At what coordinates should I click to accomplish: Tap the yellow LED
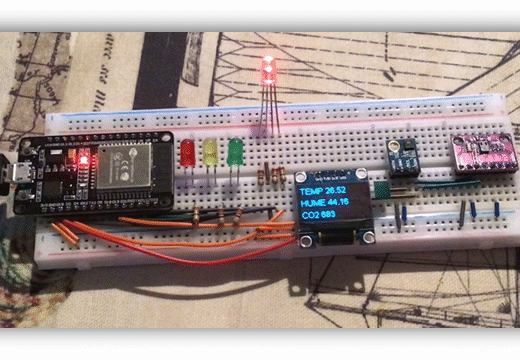(211, 153)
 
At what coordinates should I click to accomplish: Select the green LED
(235, 151)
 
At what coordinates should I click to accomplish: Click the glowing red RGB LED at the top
(268, 70)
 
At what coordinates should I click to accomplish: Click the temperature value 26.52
(342, 189)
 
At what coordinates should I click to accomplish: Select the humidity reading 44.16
(344, 206)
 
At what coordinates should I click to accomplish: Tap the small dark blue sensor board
(404, 156)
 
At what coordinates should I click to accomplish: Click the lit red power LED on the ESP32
(84, 159)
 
